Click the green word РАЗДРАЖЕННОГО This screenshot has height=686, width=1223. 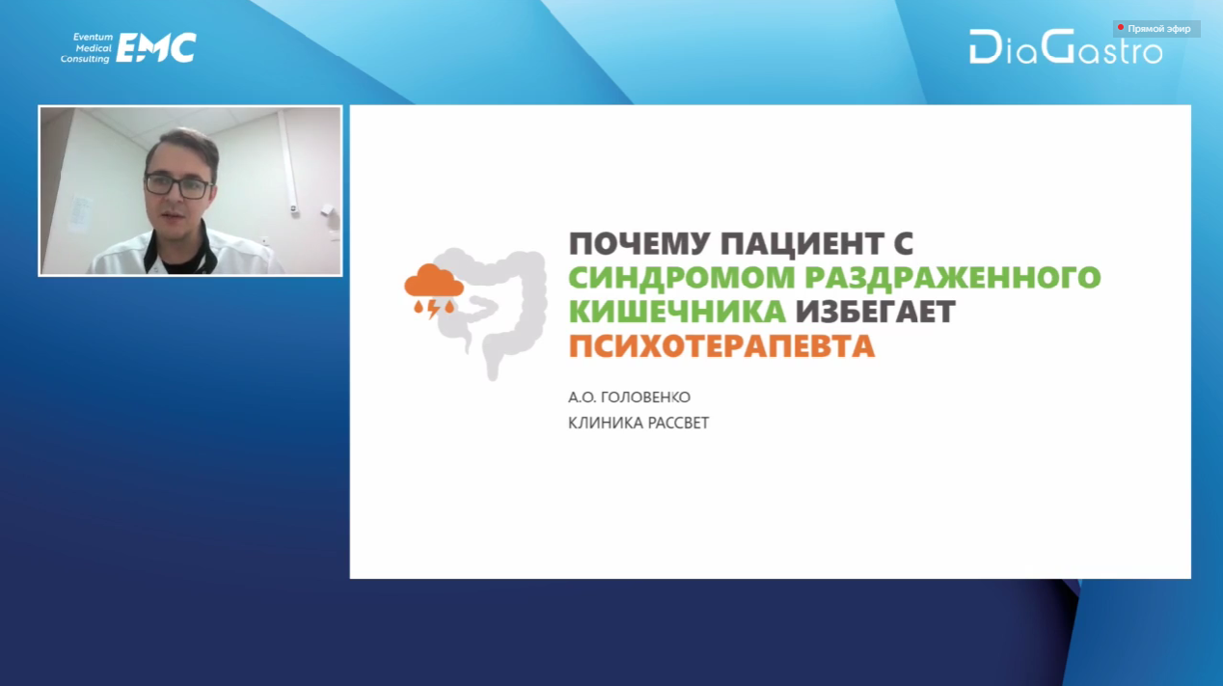(x=953, y=279)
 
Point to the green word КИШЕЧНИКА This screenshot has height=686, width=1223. (x=677, y=312)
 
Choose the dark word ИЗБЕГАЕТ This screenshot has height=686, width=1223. (x=875, y=312)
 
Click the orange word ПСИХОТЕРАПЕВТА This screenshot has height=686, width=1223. (x=721, y=346)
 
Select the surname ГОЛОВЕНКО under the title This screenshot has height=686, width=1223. (x=645, y=398)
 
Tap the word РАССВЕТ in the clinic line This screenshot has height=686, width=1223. (x=678, y=423)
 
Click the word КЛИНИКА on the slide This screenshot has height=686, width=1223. (x=606, y=423)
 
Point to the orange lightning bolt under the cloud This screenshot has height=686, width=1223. (x=433, y=309)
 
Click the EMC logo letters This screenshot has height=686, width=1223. (x=156, y=48)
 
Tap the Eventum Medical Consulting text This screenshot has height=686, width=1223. (x=86, y=48)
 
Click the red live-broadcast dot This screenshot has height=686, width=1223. (x=1121, y=27)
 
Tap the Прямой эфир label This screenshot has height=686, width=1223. (x=1159, y=29)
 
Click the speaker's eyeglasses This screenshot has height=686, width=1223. (x=178, y=185)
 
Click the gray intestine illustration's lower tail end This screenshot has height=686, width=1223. (x=493, y=374)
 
